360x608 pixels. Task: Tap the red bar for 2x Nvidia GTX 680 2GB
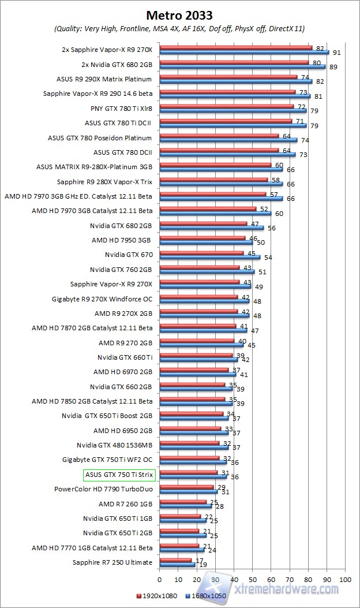coord(234,62)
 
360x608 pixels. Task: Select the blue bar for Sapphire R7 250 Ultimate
coord(177,564)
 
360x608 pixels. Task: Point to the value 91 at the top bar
coord(335,53)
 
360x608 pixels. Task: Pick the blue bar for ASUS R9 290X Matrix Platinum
coord(236,81)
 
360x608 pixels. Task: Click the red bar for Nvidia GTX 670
coord(201,252)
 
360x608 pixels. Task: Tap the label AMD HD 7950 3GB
coord(121,240)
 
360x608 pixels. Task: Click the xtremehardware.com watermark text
coord(286,589)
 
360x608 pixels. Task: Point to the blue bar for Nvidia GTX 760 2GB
coord(207,271)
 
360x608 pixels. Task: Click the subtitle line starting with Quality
coord(179,28)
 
